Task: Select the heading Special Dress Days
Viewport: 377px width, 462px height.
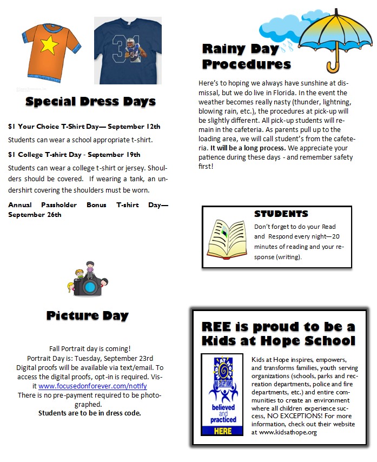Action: pos(90,101)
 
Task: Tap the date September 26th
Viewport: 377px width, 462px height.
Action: pos(35,215)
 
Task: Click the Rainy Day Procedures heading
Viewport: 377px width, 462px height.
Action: pos(246,56)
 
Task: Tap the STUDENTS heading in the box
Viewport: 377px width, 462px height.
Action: pos(281,214)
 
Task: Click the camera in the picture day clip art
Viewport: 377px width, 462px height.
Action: pos(86,286)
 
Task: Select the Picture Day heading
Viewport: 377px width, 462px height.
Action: pos(88,315)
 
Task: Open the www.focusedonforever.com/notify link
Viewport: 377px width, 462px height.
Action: pos(92,386)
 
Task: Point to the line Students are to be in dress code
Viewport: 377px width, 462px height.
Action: pos(89,413)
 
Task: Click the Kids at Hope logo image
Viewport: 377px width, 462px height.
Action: pos(222,394)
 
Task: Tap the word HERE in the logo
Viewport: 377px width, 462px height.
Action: pos(222,430)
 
